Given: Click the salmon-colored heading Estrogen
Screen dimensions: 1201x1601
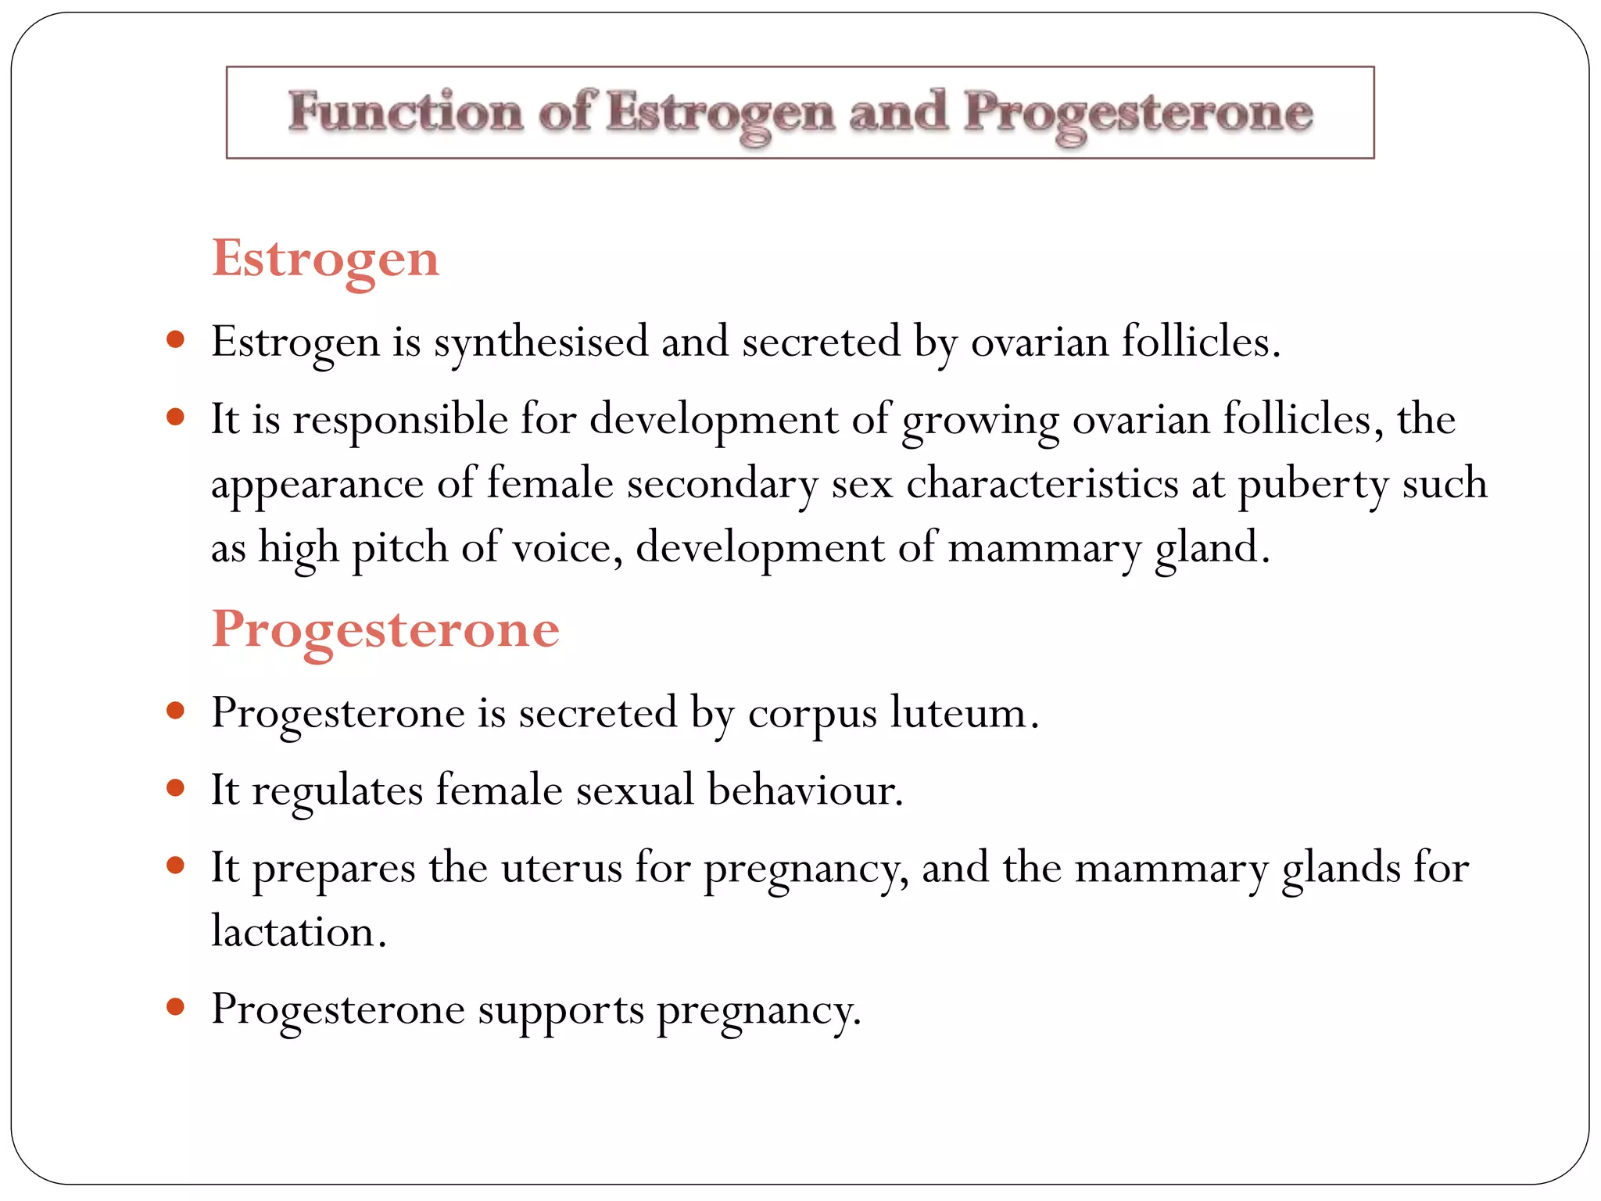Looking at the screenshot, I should coord(325,259).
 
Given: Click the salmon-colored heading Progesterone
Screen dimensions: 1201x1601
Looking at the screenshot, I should coord(385,629).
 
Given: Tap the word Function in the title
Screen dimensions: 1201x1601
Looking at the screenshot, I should coord(405,112).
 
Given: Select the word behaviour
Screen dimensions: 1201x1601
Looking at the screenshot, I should coord(805,790).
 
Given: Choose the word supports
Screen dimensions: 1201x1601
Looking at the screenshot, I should coord(561,1010).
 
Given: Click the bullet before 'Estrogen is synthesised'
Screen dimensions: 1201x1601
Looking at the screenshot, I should coord(175,340).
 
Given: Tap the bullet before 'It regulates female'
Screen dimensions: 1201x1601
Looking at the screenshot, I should coord(175,787).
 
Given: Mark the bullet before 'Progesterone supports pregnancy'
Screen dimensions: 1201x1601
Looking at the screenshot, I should coord(175,1007).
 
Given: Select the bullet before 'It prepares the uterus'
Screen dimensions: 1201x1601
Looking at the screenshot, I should coord(175,866).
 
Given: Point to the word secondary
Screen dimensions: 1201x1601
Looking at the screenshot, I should coord(722,483).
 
